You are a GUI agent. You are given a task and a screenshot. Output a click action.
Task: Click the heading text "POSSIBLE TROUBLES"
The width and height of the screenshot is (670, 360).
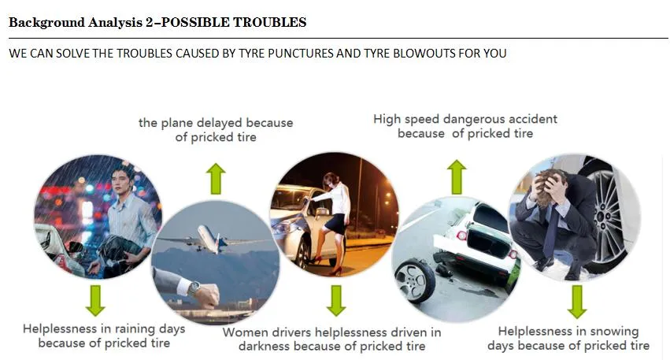tap(233, 22)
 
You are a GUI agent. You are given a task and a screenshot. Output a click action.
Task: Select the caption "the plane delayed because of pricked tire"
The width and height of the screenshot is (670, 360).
tap(216, 130)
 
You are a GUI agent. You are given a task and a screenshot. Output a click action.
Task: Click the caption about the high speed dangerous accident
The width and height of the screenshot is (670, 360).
tap(465, 126)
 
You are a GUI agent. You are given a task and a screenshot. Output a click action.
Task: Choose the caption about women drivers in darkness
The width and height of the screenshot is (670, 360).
tap(331, 340)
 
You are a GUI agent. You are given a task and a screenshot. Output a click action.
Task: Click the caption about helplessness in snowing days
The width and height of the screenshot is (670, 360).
tap(568, 339)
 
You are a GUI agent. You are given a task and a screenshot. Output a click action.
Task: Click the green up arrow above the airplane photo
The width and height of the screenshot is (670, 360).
tap(216, 179)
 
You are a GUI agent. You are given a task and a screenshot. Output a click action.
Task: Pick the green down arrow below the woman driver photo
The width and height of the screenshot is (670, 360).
tap(336, 301)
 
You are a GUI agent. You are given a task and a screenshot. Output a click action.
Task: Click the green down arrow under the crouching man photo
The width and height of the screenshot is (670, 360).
tap(577, 302)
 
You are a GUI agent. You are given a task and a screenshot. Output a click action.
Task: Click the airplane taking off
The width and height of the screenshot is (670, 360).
tap(206, 239)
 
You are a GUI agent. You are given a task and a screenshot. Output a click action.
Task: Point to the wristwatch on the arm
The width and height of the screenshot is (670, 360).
tap(194, 288)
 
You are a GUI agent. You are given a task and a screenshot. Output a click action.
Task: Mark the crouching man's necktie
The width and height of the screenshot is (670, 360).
tap(553, 223)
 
